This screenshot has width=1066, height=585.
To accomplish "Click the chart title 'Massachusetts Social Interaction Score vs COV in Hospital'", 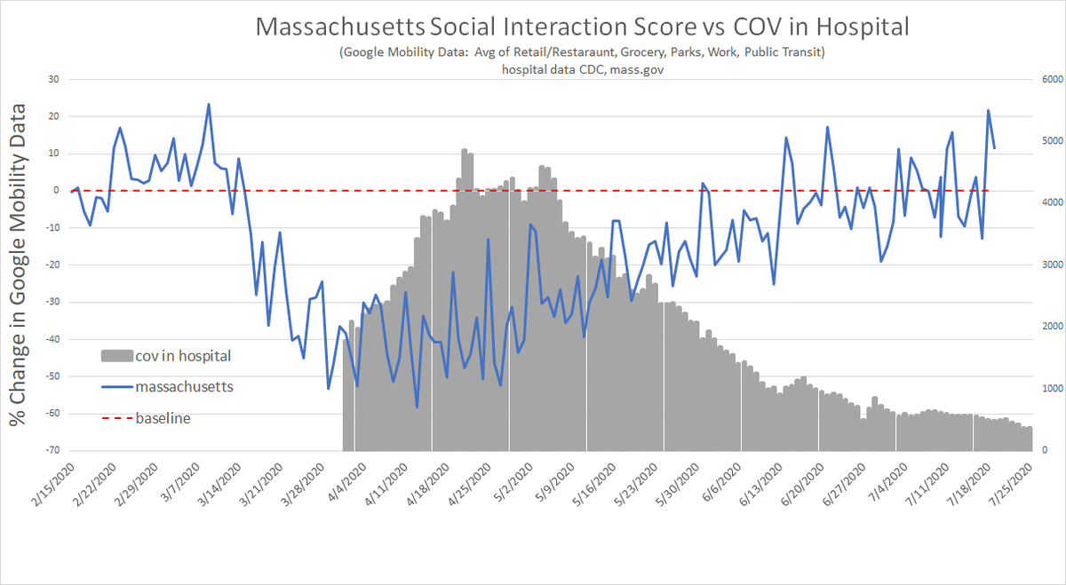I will coord(582,27).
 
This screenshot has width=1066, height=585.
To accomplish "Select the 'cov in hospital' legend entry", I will coord(182,356).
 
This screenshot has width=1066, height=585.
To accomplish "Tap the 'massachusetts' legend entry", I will coord(184,387).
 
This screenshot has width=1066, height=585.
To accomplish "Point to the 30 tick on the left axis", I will coord(52,79).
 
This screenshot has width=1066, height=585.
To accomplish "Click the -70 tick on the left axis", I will coord(52,451).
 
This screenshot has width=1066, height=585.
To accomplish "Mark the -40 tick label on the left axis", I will coord(52,339).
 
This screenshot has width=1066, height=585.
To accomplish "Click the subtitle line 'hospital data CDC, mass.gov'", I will coord(582,69).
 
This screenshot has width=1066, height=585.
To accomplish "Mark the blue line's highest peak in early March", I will coord(209,104).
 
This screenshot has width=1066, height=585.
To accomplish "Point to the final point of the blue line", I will coord(994,148).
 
